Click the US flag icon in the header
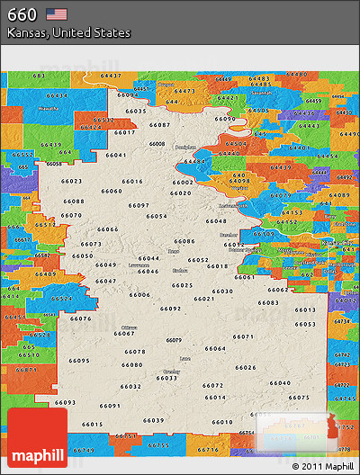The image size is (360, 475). (57, 14)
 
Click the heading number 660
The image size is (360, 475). (22, 14)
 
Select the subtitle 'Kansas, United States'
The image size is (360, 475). (68, 32)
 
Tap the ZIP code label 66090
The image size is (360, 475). (225, 119)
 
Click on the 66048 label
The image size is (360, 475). (216, 220)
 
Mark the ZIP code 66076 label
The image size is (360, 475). (80, 318)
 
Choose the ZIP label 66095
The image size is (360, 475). (78, 361)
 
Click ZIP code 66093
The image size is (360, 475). (65, 402)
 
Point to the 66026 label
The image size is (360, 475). (245, 367)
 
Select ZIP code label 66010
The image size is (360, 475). (221, 422)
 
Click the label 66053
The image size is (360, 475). (305, 324)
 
